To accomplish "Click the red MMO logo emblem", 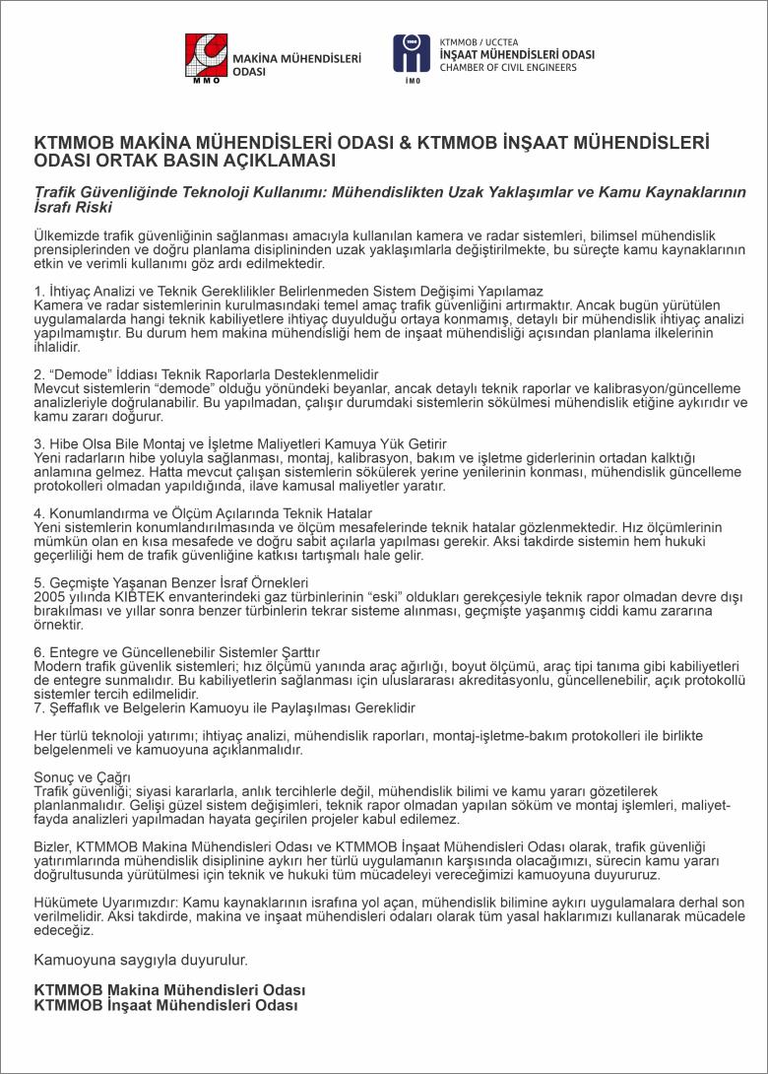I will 207,59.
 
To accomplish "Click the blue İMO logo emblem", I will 412,54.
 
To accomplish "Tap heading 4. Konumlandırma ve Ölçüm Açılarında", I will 203,514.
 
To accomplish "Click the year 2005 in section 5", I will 49,597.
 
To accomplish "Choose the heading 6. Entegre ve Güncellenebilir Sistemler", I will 176,652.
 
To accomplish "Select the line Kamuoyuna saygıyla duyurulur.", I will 141,959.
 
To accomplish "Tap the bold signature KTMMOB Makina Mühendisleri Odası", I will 169,990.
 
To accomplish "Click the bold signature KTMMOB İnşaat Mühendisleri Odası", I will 165,1005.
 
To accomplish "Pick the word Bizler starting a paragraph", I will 52,846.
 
